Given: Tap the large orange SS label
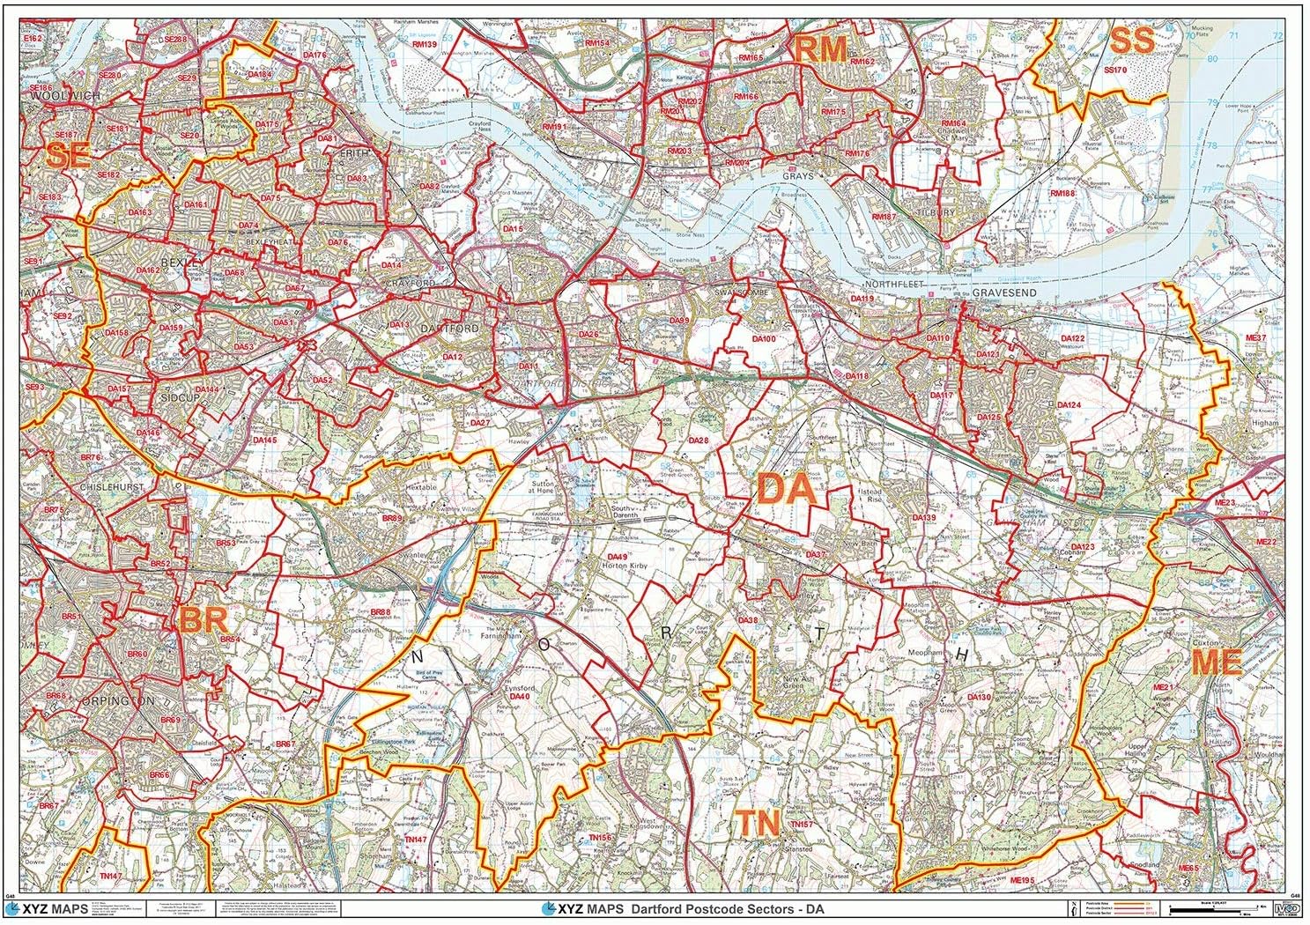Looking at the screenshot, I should click(x=1131, y=41).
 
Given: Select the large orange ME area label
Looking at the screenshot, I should click(x=1217, y=662).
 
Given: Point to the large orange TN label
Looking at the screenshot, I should click(x=758, y=824).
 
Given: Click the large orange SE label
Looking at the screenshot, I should click(x=68, y=157).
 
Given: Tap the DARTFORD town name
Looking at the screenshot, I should click(x=449, y=329).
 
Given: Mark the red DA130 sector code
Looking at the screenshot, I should click(x=980, y=697).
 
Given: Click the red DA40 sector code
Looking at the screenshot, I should click(x=519, y=697).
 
